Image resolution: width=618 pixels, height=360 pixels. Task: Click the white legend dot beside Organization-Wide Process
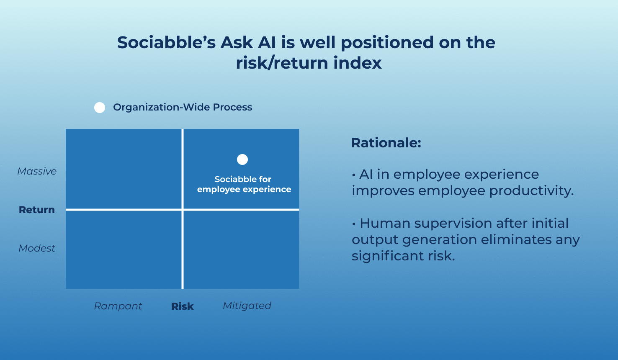pos(100,107)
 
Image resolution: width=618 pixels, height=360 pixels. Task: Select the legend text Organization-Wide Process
pos(183,107)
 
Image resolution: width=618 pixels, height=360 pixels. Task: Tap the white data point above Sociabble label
pos(242,159)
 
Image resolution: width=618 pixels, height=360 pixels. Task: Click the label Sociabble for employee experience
pos(244,184)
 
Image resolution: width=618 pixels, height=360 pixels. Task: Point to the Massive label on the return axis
pos(37,171)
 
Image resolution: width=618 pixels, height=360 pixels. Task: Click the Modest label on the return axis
pos(37,248)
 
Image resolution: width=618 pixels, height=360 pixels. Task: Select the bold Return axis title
pos(37,210)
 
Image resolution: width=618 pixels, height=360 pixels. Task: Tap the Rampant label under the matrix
pos(118,306)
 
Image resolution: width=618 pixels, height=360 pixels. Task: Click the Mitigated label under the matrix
pos(247,306)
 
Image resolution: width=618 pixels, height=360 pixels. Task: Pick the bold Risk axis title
pos(183,306)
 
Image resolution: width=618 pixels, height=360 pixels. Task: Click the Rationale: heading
pos(386,143)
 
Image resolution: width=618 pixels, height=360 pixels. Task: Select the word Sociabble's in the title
pos(166,42)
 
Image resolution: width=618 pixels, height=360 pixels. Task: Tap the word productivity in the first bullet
pos(531,191)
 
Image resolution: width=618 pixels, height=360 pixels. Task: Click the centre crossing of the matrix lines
pos(183,210)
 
